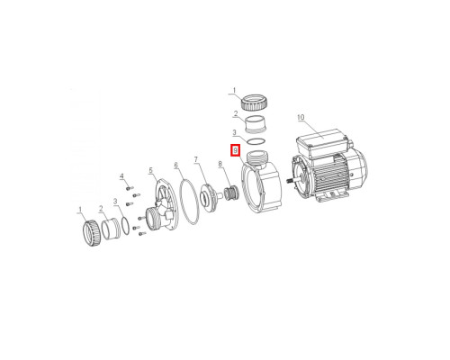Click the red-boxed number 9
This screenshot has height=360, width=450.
236,150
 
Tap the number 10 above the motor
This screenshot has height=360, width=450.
301,117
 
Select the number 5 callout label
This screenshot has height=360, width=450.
150,171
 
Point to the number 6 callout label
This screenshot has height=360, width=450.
175,165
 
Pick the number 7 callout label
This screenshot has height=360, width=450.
196,159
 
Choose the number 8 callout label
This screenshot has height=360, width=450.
220,164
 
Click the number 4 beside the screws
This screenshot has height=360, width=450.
121,175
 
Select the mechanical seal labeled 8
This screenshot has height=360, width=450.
232,193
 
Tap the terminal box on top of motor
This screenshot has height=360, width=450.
321,143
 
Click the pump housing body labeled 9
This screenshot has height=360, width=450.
261,186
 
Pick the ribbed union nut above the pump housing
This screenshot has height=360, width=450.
254,103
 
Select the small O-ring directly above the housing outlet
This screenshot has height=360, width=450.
256,141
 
